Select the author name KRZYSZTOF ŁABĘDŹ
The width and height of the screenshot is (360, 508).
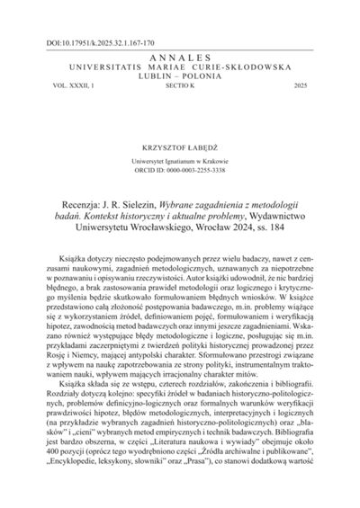[180, 142]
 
